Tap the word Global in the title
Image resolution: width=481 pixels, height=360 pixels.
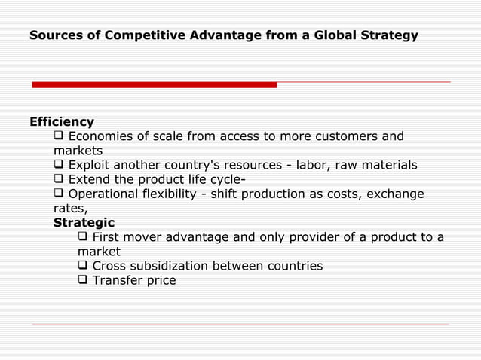tap(335, 35)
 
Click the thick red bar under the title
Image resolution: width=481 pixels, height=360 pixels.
tap(154, 85)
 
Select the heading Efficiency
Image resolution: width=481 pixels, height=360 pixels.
tap(62, 122)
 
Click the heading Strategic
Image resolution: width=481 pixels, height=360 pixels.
tap(84, 223)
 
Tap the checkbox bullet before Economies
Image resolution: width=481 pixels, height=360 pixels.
tap(60, 136)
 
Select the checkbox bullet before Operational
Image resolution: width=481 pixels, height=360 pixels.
tap(60, 194)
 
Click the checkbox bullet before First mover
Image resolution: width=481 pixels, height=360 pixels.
tap(84, 238)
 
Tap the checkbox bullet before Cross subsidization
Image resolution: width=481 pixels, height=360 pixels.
tap(84, 267)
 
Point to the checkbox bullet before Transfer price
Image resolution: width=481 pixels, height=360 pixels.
tap(84, 281)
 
